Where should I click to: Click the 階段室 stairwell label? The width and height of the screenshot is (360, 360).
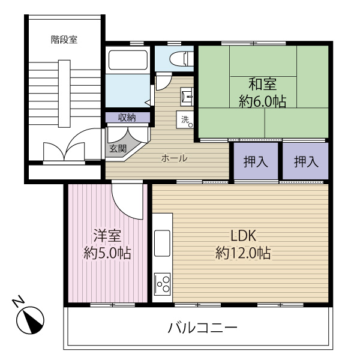(64, 40)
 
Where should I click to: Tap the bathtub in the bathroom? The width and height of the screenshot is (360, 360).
(127, 60)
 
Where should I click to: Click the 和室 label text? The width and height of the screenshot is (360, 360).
(262, 83)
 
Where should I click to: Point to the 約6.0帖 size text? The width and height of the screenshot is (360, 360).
(262, 101)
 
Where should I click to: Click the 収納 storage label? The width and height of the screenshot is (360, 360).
(127, 117)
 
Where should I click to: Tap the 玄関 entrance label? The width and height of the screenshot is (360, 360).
(118, 148)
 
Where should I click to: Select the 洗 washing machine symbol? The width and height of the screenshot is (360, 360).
(185, 119)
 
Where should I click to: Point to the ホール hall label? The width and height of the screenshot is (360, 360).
(174, 158)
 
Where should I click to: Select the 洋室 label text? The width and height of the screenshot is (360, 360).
(107, 235)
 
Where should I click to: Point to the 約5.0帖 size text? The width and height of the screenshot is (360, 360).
(107, 253)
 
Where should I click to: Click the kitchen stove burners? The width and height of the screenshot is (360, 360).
(163, 283)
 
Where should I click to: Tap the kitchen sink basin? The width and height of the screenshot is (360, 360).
(163, 242)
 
